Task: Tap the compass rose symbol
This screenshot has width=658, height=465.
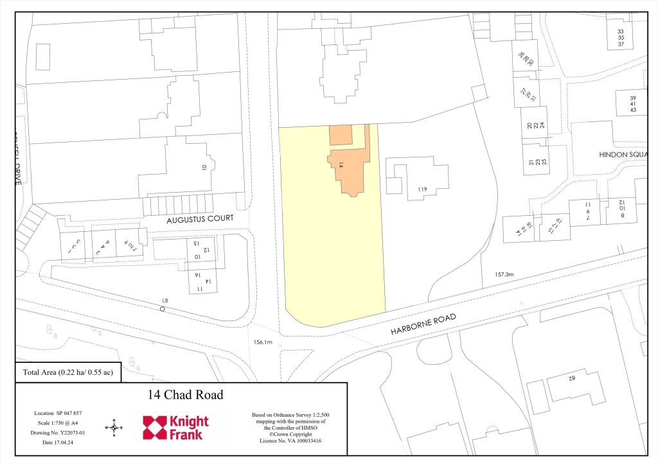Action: pos(114,427)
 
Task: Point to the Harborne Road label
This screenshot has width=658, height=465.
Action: pos(423,325)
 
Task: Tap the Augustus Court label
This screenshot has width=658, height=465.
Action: pos(200,218)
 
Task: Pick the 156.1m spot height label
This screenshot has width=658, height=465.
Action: pos(263,343)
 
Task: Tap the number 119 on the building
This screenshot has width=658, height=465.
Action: pos(422,189)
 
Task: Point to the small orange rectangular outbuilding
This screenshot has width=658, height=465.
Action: pos(341,136)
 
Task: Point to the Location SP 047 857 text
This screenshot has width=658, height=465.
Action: pos(58,412)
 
